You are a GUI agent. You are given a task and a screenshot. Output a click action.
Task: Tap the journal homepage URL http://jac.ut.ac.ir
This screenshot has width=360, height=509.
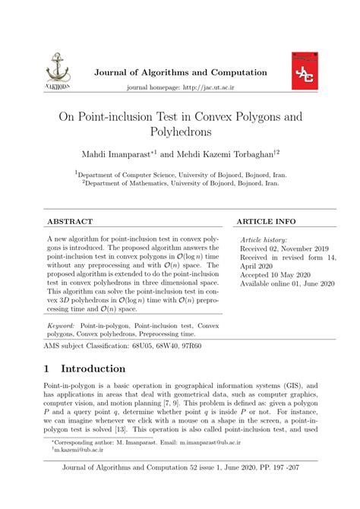(207, 88)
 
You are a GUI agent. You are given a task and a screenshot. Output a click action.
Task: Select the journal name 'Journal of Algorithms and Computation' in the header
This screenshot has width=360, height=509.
(179, 73)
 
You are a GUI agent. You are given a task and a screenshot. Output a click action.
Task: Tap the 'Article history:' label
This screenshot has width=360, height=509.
(266, 239)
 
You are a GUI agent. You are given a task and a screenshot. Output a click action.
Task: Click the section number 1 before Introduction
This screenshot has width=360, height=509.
(49, 369)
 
